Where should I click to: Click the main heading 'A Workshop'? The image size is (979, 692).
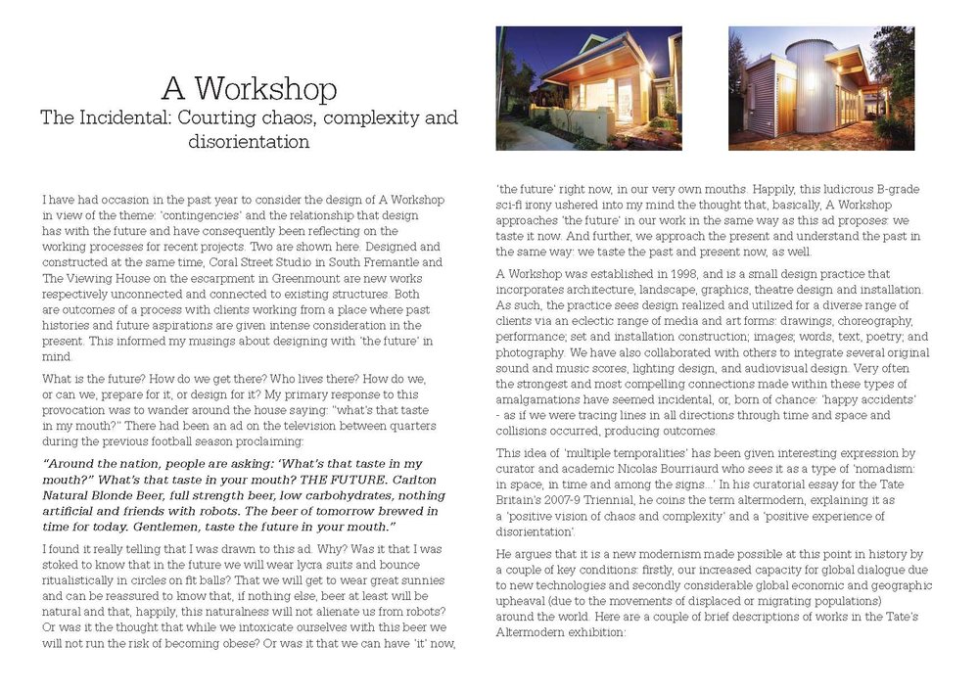(249, 89)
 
